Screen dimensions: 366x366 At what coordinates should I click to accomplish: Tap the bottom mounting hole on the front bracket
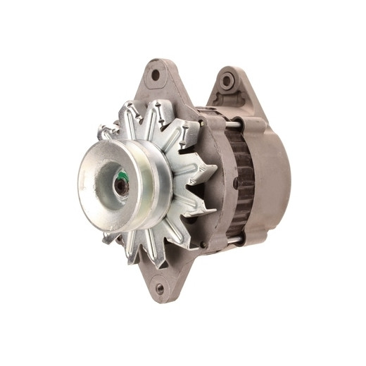pos(160,288)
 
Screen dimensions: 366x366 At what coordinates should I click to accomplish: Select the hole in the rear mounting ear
pos(227,80)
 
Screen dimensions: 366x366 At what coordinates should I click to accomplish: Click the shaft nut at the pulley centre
pos(121,186)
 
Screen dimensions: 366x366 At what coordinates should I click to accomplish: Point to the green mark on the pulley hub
pos(125,176)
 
